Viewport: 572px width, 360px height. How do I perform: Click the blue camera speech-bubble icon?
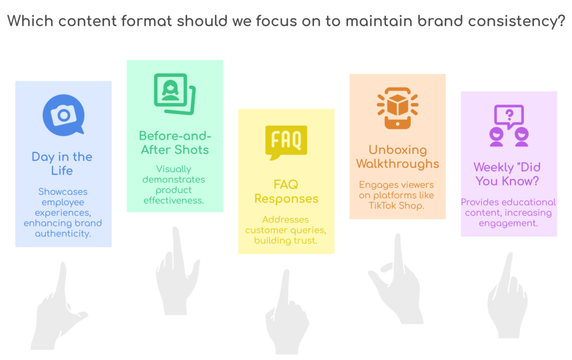coord(64,115)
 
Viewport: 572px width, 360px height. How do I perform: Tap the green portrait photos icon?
coord(175,94)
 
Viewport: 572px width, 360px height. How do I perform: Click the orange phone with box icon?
coord(398,108)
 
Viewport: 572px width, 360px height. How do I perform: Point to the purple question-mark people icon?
coord(509,126)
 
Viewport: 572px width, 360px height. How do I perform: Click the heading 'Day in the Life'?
coord(62,164)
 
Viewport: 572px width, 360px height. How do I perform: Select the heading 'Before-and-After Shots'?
coord(175,143)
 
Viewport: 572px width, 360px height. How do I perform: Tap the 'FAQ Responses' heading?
coord(287,191)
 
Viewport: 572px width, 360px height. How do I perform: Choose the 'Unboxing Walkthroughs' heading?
coord(398,157)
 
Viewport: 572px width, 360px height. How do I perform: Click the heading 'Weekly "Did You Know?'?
coord(507,174)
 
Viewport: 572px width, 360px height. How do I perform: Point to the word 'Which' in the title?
coord(31,21)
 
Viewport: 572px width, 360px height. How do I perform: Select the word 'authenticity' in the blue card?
coord(63,234)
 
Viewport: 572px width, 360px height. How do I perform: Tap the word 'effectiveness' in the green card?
coord(174,201)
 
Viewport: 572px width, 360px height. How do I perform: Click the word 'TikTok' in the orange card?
coord(382,206)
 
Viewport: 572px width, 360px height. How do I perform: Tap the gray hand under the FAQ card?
coord(287,312)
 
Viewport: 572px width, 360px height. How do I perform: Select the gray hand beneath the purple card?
coord(508,295)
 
